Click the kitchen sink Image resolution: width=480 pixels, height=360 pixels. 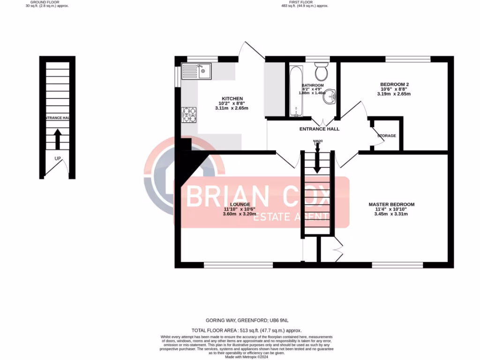197,72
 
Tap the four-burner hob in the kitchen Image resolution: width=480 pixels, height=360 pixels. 189,115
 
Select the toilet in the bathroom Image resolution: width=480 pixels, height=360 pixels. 322,73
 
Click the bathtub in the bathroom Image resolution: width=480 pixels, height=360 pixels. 296,91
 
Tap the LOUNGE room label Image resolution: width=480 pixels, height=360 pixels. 239,204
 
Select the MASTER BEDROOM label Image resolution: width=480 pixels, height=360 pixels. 391,204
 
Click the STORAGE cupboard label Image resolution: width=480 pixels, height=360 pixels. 387,136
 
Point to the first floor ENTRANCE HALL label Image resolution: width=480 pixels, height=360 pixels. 319,129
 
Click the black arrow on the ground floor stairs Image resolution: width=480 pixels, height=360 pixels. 57,139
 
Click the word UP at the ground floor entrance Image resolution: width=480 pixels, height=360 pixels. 58,158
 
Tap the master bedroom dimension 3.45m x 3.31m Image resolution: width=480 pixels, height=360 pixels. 391,214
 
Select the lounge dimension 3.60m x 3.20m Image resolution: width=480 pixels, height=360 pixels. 239,214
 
